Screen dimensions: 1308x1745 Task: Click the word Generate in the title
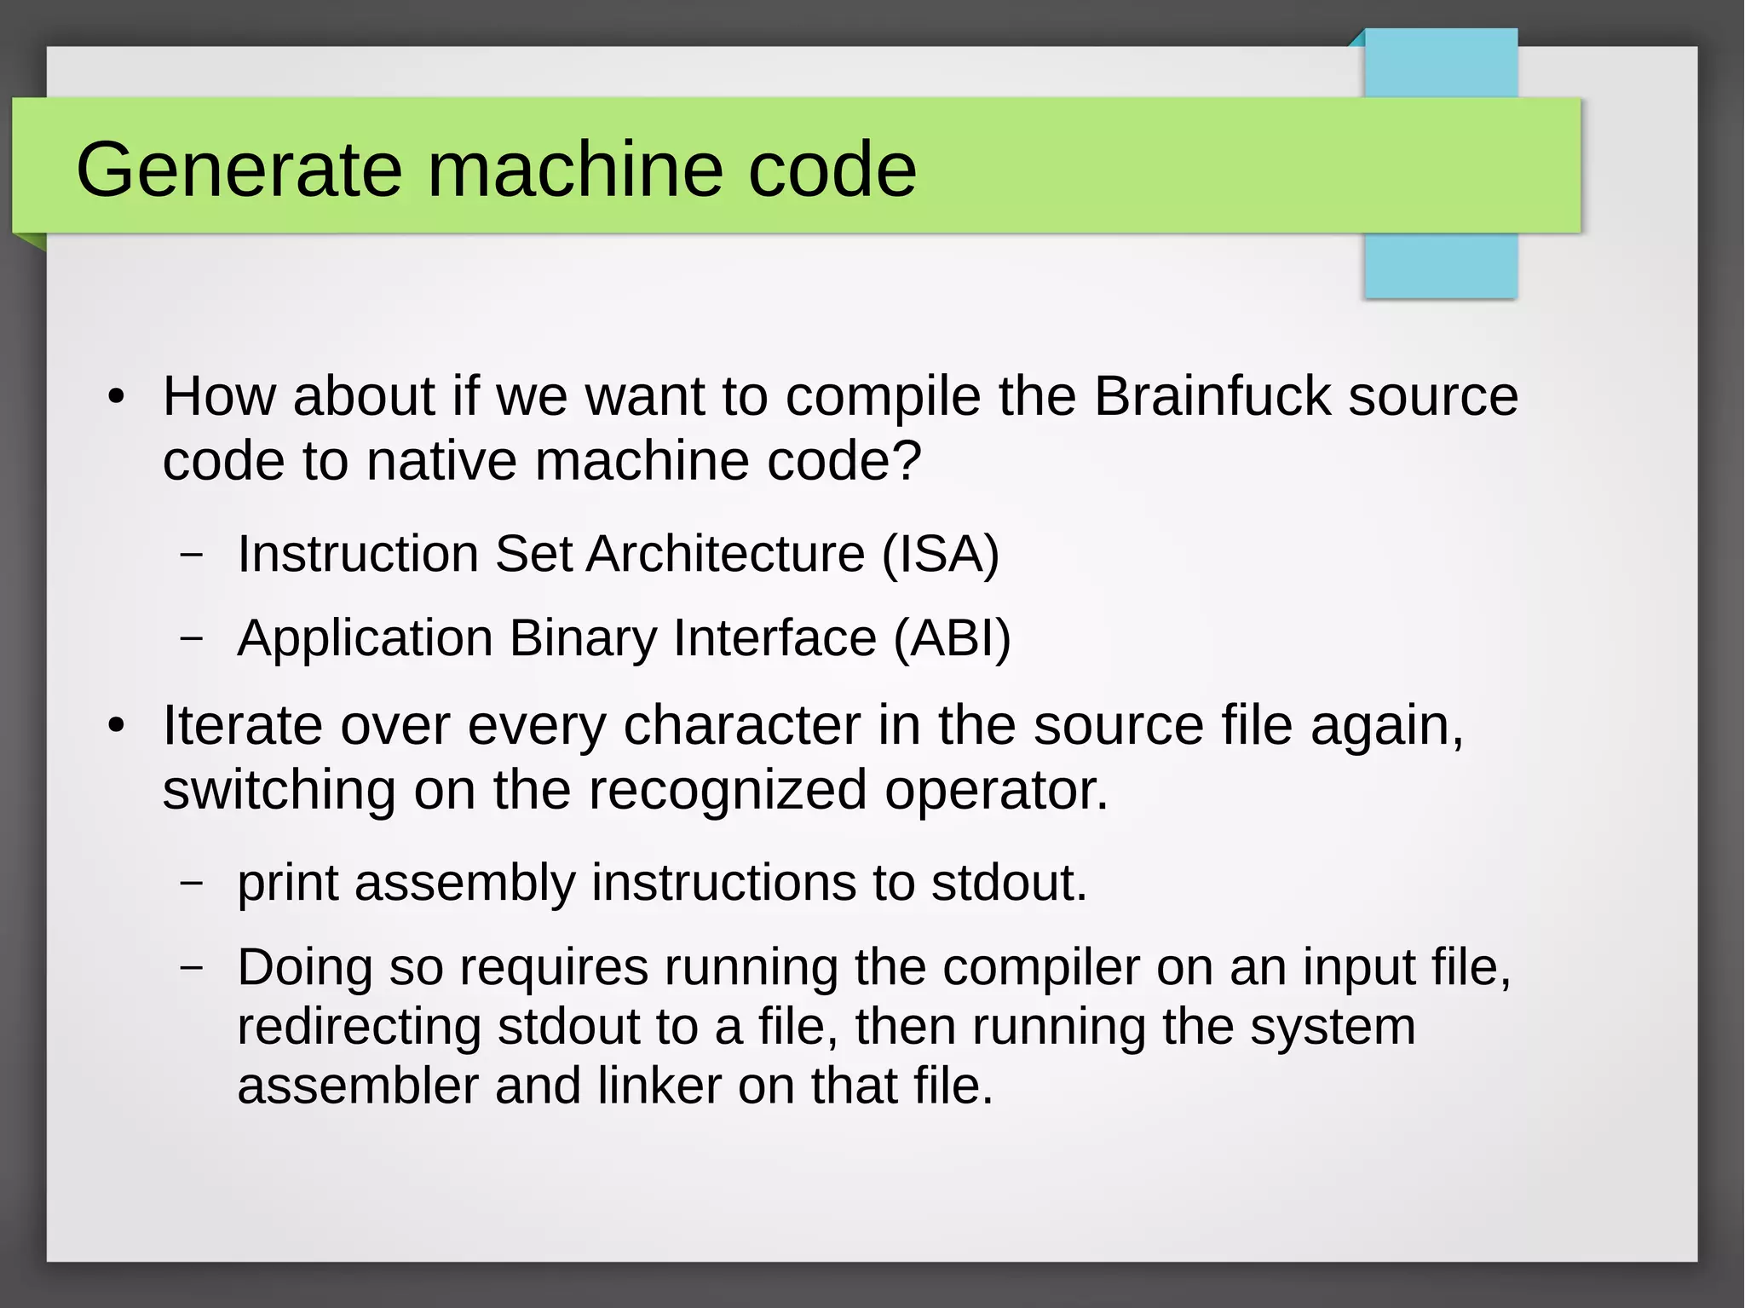coord(239,170)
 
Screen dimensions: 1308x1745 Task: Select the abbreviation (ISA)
coord(940,554)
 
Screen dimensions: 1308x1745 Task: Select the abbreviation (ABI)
coord(952,638)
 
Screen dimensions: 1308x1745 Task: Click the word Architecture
coord(725,554)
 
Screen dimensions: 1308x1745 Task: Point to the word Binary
coord(583,638)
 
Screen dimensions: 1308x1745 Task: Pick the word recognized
coord(727,790)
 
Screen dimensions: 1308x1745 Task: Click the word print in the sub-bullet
coord(288,883)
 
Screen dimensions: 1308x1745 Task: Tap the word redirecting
coord(359,1026)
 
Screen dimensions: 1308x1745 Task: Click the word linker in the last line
coord(659,1086)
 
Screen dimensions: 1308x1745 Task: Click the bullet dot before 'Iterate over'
coord(117,726)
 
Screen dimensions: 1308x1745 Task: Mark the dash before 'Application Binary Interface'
coord(193,638)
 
